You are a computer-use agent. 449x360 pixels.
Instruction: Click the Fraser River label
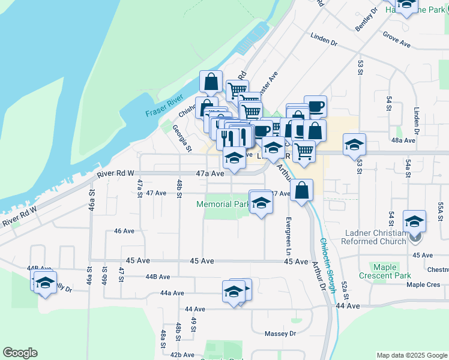tap(163, 109)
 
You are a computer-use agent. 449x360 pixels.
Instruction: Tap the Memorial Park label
tap(223, 205)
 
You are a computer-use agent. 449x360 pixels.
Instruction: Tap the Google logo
tap(20, 353)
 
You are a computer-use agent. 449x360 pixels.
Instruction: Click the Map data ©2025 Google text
tap(411, 355)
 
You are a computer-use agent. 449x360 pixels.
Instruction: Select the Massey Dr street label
tap(281, 334)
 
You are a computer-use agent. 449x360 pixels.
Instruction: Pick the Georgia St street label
tap(181, 138)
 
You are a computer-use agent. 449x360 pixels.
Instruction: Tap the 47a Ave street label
tap(209, 173)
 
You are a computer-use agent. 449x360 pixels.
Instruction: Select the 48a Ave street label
tap(403, 140)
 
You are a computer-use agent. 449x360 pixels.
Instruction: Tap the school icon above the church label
tap(414, 222)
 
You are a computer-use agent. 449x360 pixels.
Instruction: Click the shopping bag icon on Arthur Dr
tap(303, 191)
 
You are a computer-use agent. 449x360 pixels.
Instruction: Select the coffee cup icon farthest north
tap(315, 107)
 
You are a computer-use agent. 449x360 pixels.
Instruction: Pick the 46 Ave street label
tap(124, 230)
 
